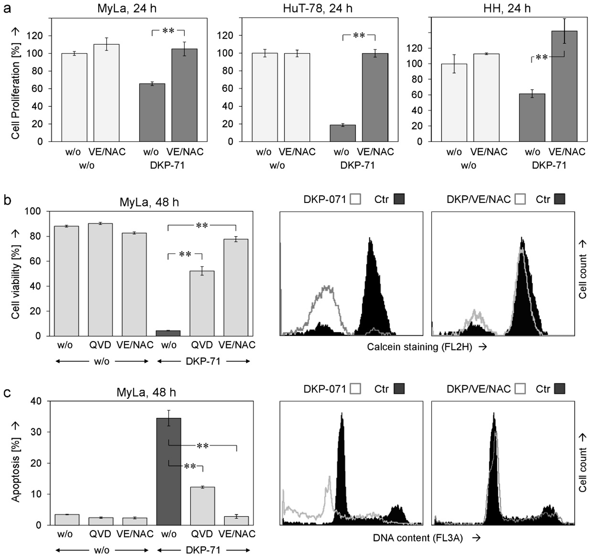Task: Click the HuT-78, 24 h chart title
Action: tap(318, 8)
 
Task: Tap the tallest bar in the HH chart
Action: tap(564, 86)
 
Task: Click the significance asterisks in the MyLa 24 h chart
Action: tap(168, 31)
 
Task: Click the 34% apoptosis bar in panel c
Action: tap(168, 471)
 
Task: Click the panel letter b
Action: tap(7, 200)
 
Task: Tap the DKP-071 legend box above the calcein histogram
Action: tap(356, 199)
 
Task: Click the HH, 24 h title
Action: tap(507, 8)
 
